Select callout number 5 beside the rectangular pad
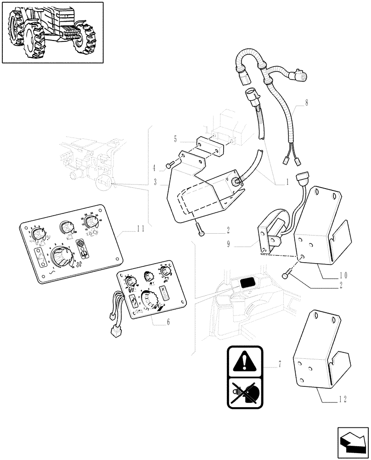[175, 138]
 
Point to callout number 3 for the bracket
[157, 183]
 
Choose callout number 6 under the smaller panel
[168, 322]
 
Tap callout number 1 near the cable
[287, 182]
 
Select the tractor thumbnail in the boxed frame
[52, 32]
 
